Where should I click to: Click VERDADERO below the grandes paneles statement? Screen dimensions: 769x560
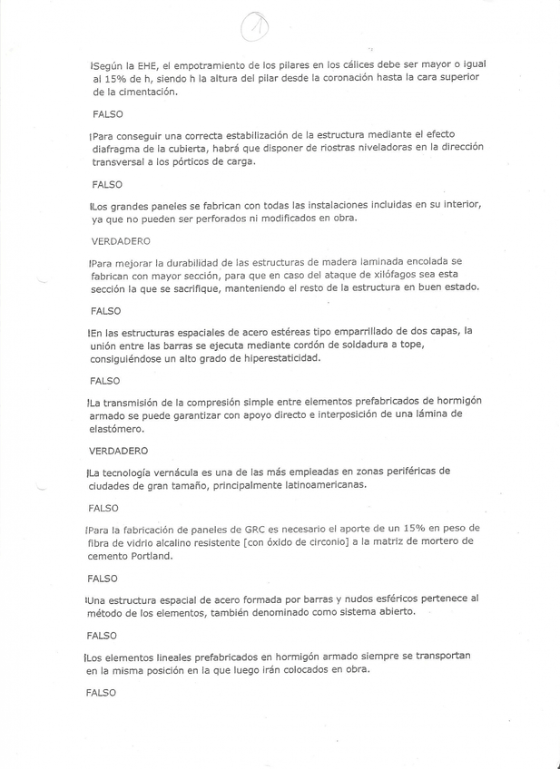[120, 242]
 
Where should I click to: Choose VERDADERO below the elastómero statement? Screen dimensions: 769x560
[120, 450]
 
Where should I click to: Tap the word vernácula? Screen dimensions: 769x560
[177, 472]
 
